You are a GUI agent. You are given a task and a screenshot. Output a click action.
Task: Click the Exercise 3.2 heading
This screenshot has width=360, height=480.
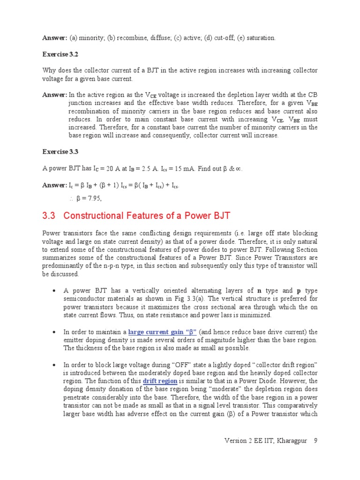pos(60,54)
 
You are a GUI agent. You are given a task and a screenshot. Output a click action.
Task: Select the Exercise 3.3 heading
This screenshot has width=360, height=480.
pos(60,151)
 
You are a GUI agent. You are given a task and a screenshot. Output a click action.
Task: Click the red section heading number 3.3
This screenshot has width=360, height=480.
pos(49,216)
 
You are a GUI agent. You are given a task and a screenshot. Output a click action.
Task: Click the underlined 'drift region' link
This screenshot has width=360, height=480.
pos(160,381)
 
